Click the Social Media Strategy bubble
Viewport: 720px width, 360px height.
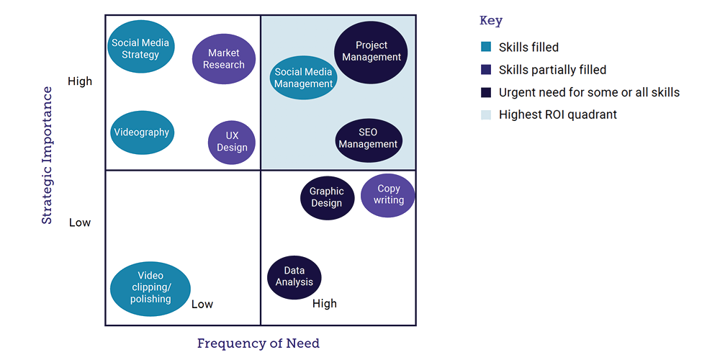tap(141, 48)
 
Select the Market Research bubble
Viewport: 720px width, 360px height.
tap(224, 59)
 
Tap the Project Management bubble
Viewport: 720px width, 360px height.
tap(372, 51)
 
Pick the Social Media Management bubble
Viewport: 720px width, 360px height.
tap(304, 78)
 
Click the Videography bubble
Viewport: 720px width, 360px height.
tap(142, 132)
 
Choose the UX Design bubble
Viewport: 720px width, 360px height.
tap(232, 142)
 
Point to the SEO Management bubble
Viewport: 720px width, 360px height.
tap(369, 138)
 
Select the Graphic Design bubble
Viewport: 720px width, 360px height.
tap(327, 197)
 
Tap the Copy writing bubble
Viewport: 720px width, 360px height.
tap(388, 194)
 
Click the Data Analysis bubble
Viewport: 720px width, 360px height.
tap(294, 276)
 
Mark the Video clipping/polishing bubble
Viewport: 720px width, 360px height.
tap(150, 288)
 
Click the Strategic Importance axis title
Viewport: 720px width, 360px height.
tap(48, 155)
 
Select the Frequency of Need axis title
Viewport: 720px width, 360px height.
tap(258, 343)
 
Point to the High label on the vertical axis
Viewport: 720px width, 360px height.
tap(80, 81)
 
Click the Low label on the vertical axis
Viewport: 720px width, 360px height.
tap(80, 222)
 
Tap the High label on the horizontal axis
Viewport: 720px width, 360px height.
tap(324, 304)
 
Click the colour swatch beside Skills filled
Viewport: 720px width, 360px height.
tap(486, 48)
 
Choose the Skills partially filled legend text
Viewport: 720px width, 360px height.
tap(552, 70)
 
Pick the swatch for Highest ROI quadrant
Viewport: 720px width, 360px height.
tap(486, 114)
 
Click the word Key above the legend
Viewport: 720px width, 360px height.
tap(490, 21)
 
